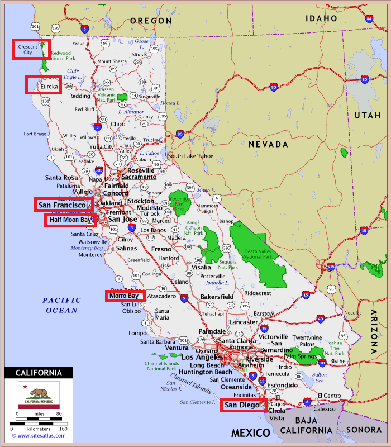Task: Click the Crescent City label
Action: (x=28, y=50)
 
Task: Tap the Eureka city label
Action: (x=48, y=87)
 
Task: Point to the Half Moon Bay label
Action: (x=69, y=220)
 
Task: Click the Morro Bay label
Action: (x=123, y=296)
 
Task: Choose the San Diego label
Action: (x=241, y=405)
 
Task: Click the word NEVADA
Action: (x=268, y=144)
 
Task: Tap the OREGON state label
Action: (x=151, y=21)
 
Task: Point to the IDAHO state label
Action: (x=321, y=18)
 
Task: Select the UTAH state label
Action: (x=367, y=115)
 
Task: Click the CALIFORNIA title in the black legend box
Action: (x=39, y=373)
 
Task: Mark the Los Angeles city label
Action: (x=202, y=357)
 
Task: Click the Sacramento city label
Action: (x=139, y=177)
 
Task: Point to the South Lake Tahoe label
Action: (x=190, y=156)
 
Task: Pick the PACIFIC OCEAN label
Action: (x=62, y=305)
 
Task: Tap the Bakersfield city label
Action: (x=217, y=296)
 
